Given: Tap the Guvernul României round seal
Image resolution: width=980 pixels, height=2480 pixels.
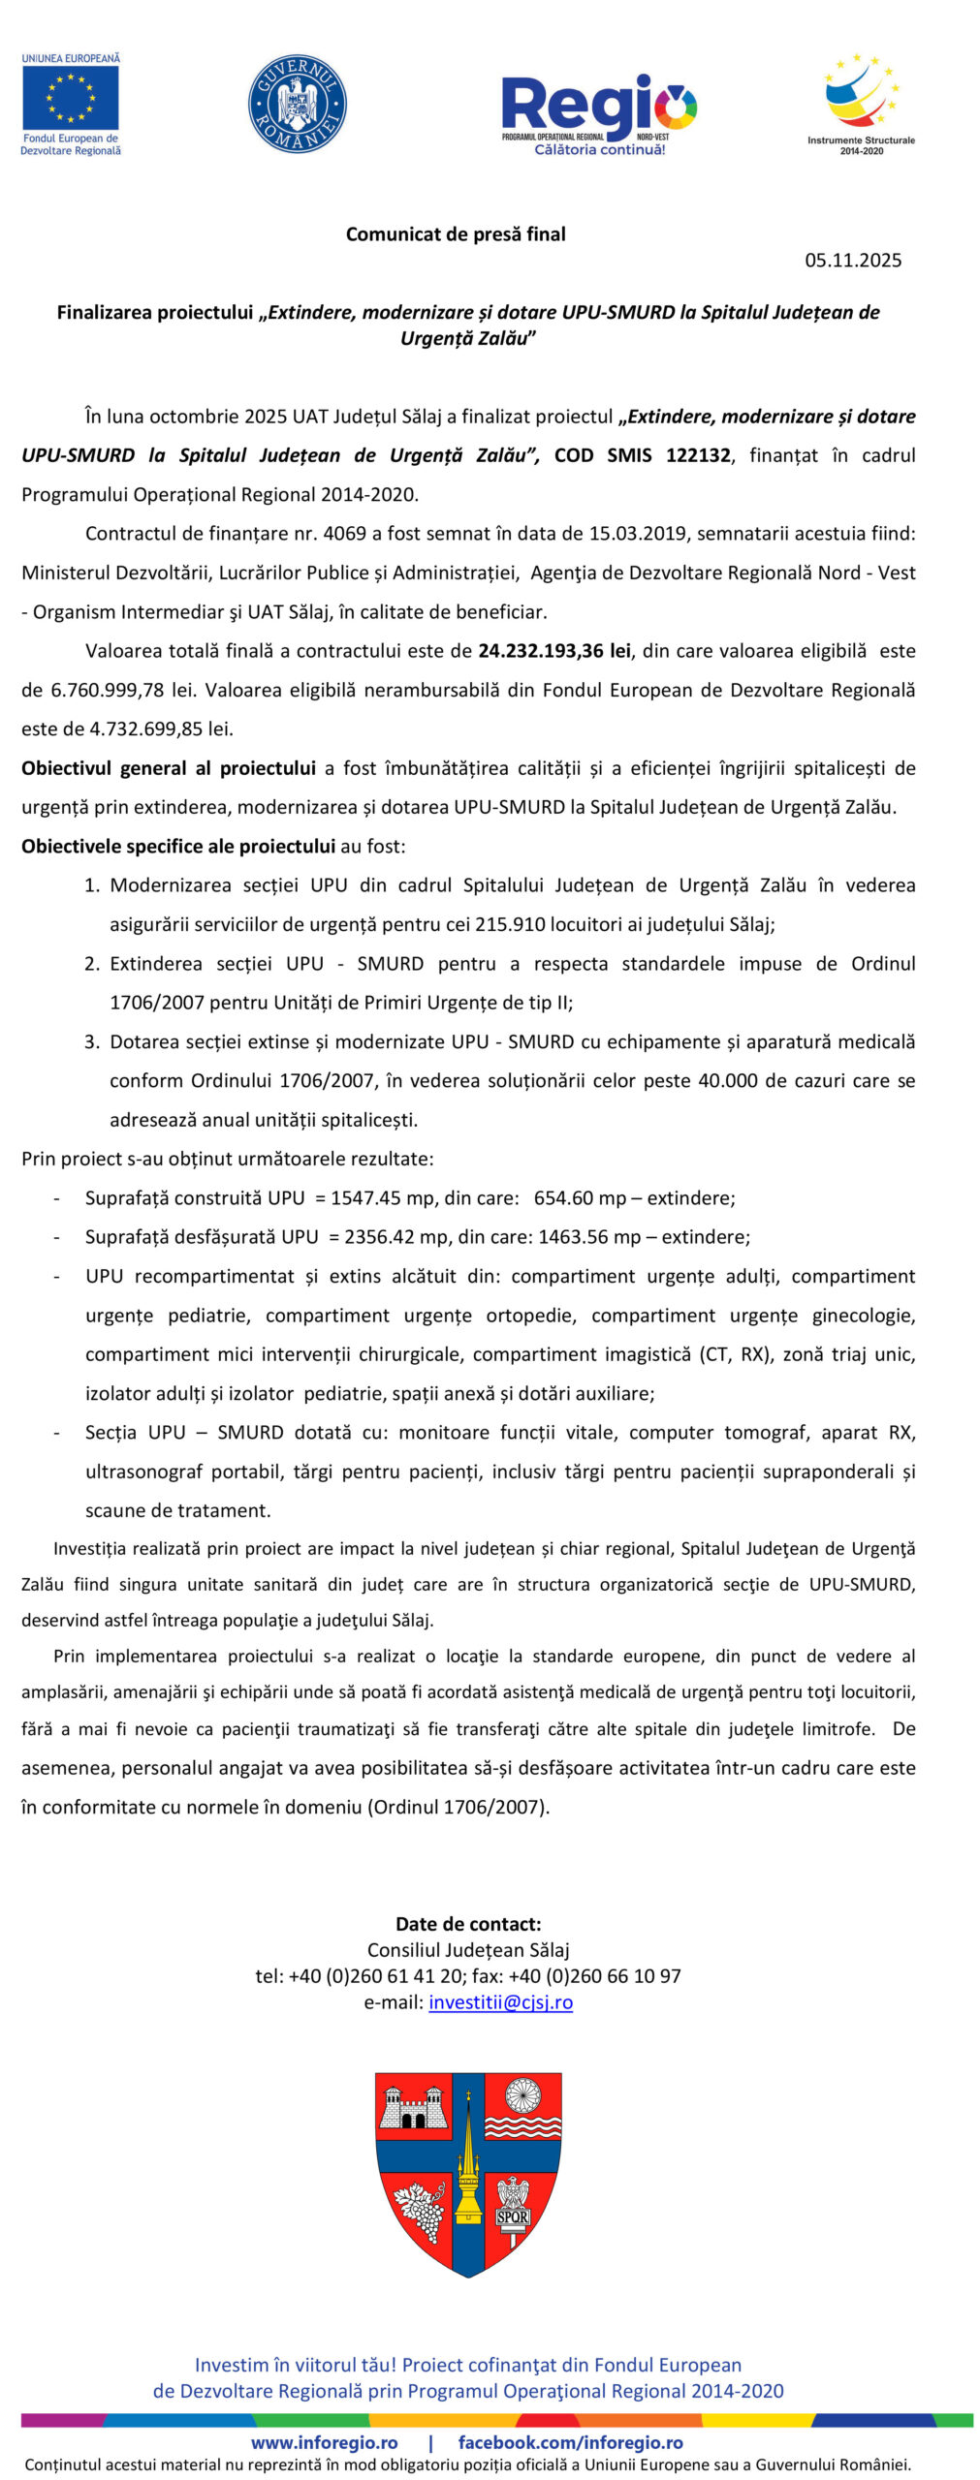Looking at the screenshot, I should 298,104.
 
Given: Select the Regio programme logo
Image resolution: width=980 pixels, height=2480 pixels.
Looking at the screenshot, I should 598,113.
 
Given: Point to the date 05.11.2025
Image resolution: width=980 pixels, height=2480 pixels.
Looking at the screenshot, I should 853,260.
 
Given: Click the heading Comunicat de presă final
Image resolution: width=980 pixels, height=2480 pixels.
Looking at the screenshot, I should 456,233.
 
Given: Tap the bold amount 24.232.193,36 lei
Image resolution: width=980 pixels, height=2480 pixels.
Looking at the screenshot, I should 554,651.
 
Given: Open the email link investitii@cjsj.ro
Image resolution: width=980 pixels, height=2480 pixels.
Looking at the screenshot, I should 500,2002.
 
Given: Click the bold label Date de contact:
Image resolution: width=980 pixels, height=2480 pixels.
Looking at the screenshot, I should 468,1924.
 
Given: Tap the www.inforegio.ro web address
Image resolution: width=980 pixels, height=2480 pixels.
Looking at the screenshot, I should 325,2442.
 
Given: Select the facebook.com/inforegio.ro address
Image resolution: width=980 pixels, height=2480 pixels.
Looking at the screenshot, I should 570,2442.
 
